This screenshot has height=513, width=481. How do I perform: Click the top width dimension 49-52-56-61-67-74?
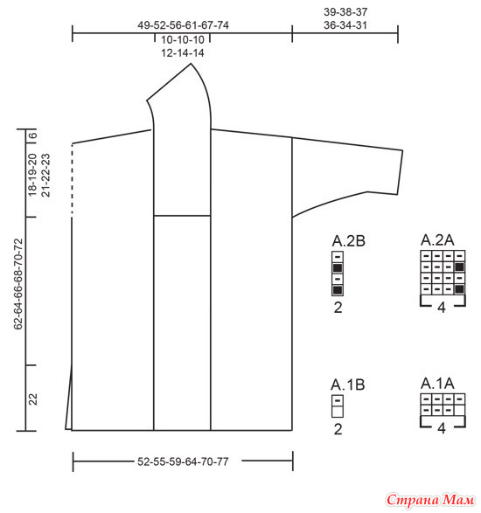coord(183,25)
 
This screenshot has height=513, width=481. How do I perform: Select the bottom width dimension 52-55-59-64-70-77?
coord(183,461)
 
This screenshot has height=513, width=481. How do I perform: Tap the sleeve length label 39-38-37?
coord(345,11)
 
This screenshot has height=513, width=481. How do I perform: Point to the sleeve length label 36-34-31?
coord(345,25)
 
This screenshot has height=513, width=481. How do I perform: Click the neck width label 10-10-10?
coord(183,39)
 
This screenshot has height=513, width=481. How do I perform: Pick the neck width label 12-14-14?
coord(183,53)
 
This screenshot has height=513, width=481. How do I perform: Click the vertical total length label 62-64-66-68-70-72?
coord(18,284)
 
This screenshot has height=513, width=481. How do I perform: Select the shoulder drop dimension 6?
coord(32,135)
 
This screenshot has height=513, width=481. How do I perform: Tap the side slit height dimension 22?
coord(32,399)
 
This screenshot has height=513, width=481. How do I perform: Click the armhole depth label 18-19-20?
coord(32,175)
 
